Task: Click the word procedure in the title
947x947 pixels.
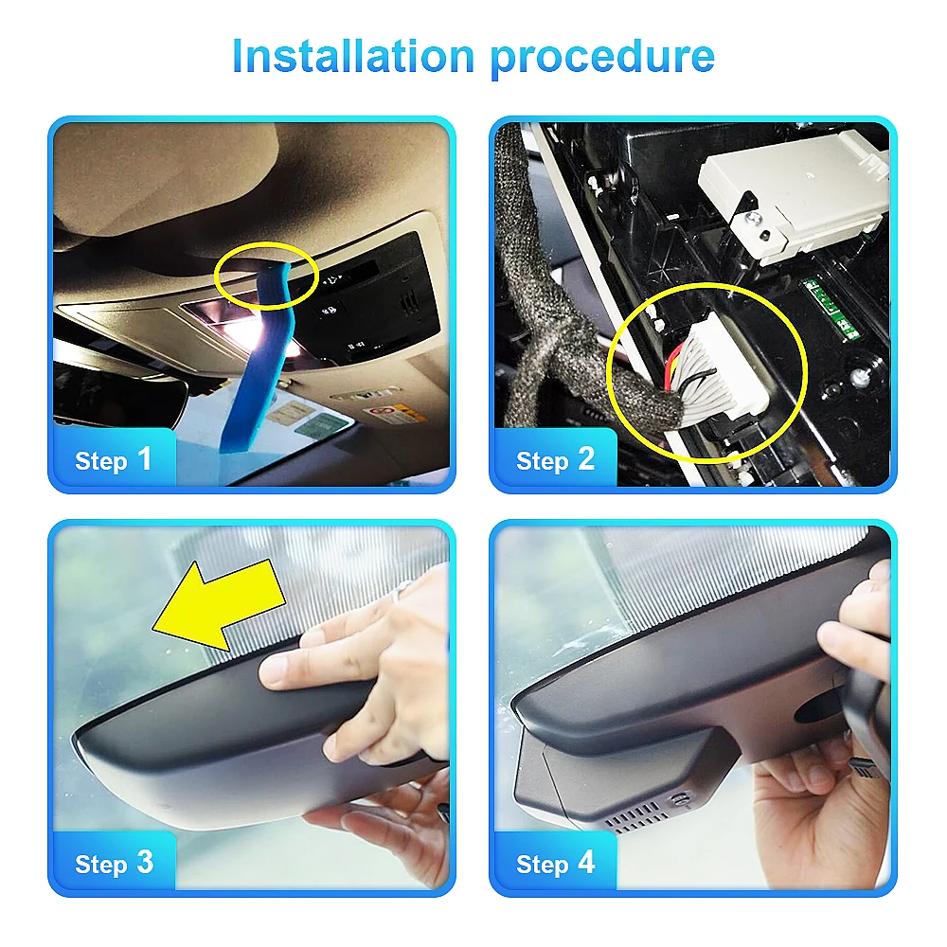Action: pos(603,57)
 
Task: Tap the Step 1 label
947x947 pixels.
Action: pos(114,460)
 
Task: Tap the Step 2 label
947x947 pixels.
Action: pos(555,460)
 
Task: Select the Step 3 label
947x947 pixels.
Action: pos(114,863)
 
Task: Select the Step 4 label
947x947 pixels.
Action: pos(555,863)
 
